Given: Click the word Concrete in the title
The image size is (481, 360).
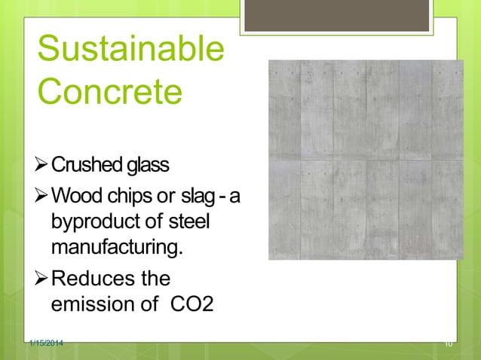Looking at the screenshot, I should (109, 93).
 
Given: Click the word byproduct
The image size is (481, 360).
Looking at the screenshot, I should (96, 224).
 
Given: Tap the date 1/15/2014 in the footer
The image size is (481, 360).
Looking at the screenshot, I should (44, 343).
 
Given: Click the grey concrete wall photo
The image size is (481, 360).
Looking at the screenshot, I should (366, 160).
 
